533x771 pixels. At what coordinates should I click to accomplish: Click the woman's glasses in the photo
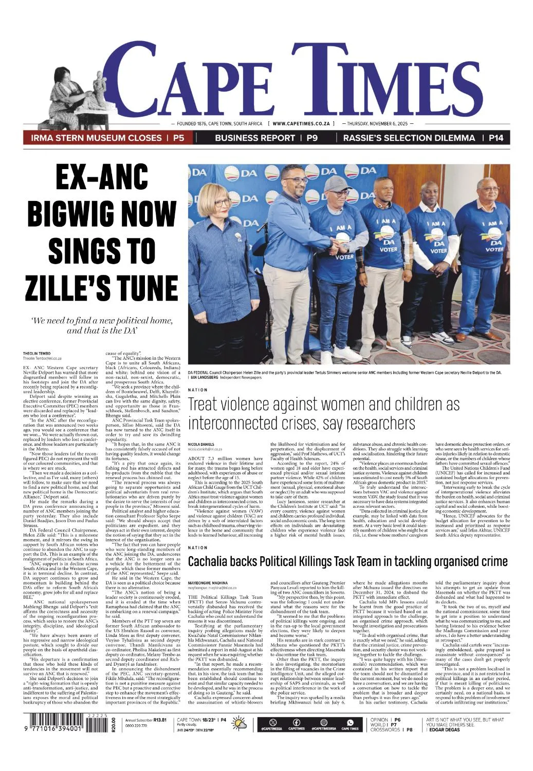point(222,203)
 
